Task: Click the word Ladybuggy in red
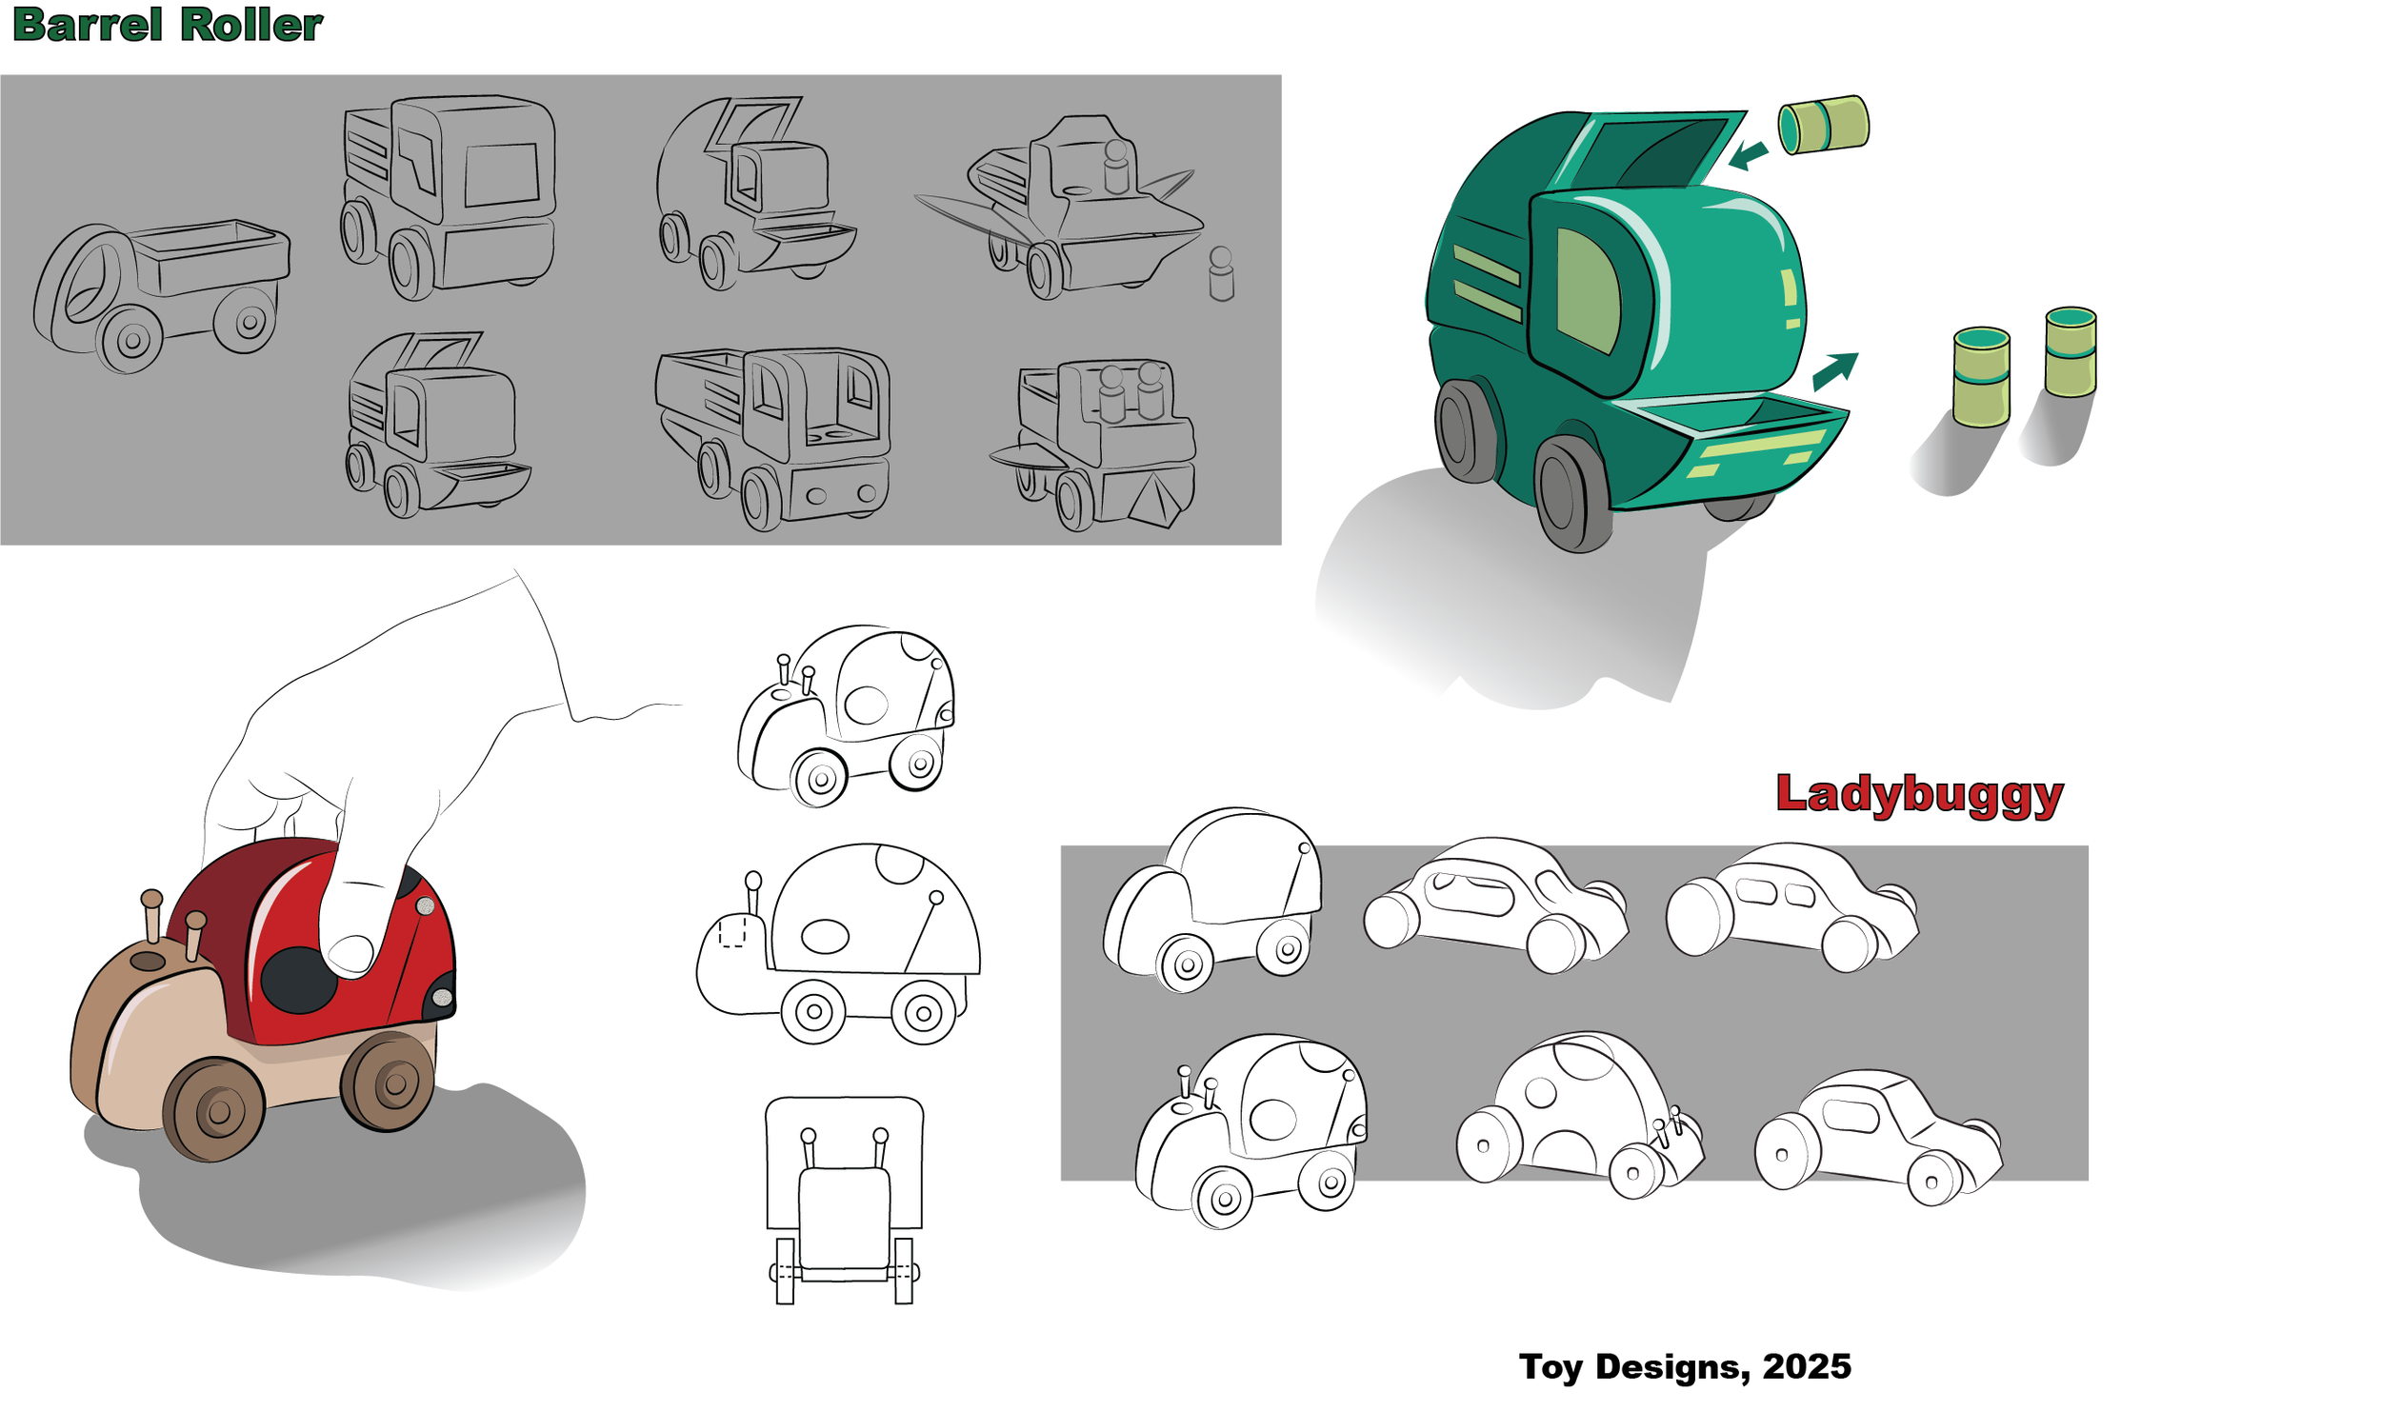tap(1918, 794)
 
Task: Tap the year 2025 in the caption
tap(1806, 1366)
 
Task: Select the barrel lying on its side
tap(1823, 125)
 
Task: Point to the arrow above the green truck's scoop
tap(1833, 370)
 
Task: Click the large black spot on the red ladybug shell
tap(298, 981)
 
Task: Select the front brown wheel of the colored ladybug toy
tap(214, 1109)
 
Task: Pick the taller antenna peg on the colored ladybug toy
tap(151, 914)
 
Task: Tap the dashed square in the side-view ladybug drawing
tap(731, 932)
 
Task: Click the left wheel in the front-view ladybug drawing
tap(785, 1270)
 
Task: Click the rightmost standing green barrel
tap(2070, 352)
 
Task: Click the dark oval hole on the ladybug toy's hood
tap(148, 961)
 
